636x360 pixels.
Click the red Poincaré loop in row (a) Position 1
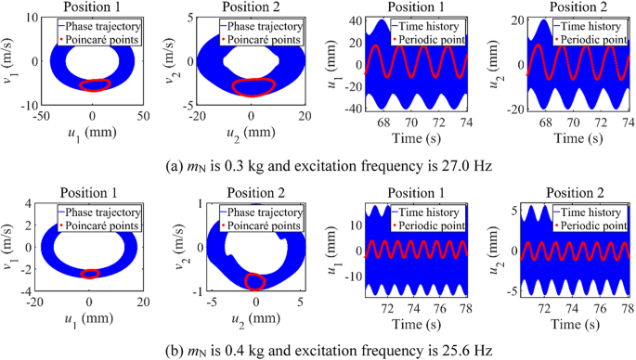pyautogui.click(x=94, y=85)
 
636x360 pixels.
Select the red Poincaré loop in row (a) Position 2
pyautogui.click(x=252, y=87)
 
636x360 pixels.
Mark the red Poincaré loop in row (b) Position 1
pyautogui.click(x=90, y=274)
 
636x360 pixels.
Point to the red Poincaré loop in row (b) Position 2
pyautogui.click(x=253, y=280)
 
